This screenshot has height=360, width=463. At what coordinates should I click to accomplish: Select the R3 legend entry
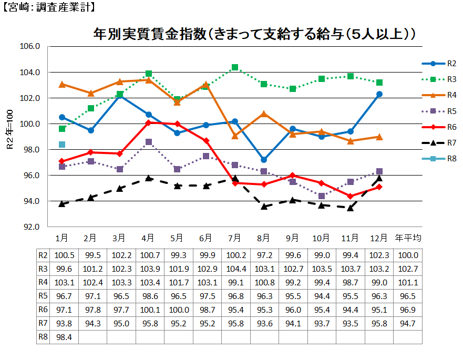pyautogui.click(x=439, y=79)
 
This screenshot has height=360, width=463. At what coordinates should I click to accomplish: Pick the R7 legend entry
pyautogui.click(x=439, y=143)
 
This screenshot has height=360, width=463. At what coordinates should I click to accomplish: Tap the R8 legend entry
pyautogui.click(x=439, y=159)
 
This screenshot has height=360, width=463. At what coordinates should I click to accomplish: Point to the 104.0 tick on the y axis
pyautogui.click(x=30, y=73)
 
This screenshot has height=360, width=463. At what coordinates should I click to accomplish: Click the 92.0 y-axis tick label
pyautogui.click(x=30, y=227)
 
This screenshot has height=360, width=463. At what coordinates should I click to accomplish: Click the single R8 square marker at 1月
pyautogui.click(x=62, y=145)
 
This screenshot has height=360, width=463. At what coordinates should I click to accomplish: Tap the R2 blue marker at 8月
pyautogui.click(x=264, y=160)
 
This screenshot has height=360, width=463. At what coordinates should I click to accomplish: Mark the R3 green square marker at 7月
pyautogui.click(x=235, y=67)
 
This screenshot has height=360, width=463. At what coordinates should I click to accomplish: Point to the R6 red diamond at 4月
pyautogui.click(x=149, y=122)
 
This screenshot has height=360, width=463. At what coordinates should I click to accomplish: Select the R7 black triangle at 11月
pyautogui.click(x=350, y=208)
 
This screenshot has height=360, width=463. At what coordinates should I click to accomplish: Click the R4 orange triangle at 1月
pyautogui.click(x=62, y=84)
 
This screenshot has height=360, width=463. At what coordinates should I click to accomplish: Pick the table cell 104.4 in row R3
pyautogui.click(x=235, y=269)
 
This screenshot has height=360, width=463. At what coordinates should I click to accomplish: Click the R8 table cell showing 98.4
pyautogui.click(x=63, y=337)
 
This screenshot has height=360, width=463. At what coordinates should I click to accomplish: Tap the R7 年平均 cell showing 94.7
pyautogui.click(x=408, y=323)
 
